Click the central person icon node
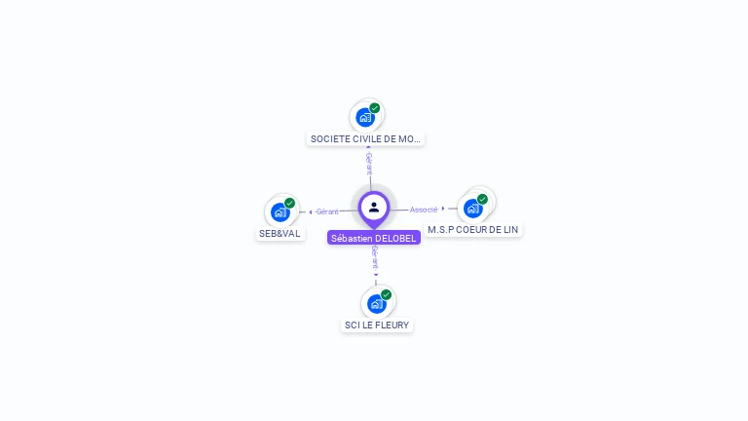(x=374, y=207)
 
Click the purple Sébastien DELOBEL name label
(x=374, y=238)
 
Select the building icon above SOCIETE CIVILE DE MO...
(x=365, y=117)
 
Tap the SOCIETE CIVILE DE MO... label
(x=365, y=139)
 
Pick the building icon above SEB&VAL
(x=280, y=211)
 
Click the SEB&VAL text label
(x=280, y=234)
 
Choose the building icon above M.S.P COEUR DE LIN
(x=473, y=208)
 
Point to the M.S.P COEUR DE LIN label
(x=473, y=230)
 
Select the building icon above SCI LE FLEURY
(x=377, y=303)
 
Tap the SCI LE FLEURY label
(x=377, y=325)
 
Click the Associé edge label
(x=424, y=210)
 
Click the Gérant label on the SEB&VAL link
(x=327, y=211)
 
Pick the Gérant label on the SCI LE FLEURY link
(x=375, y=257)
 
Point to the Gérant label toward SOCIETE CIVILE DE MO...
(x=369, y=163)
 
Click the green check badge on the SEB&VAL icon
(x=289, y=203)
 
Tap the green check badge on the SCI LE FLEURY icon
(x=386, y=294)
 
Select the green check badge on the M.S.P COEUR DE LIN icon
(x=482, y=199)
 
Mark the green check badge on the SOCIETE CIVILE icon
(x=375, y=108)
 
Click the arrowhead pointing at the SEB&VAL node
(x=310, y=211)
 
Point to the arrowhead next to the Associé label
(x=444, y=209)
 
